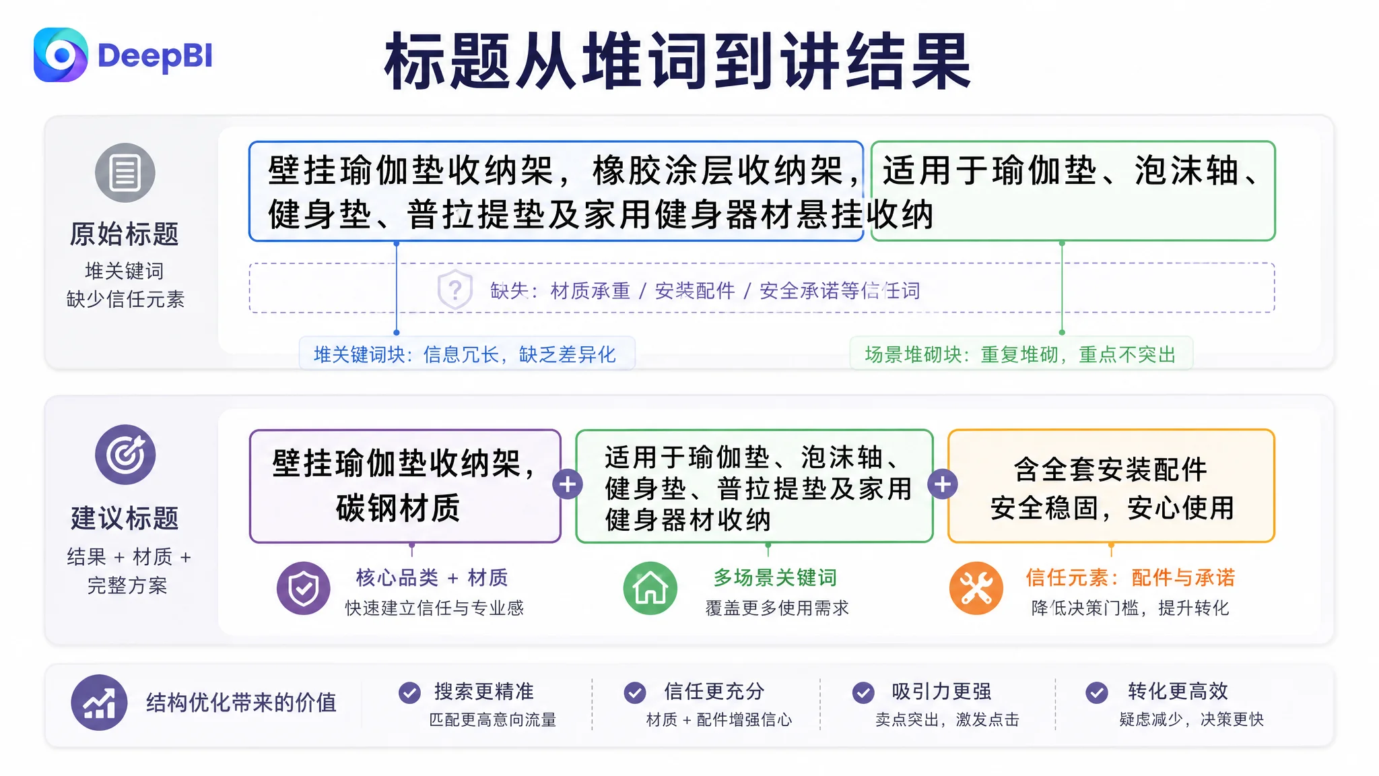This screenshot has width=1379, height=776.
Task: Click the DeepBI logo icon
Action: pyautogui.click(x=61, y=55)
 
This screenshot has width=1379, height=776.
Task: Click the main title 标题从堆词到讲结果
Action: pyautogui.click(x=677, y=62)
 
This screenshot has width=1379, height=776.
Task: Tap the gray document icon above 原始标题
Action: pyautogui.click(x=125, y=172)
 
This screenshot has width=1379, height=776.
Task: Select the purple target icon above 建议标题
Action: pyautogui.click(x=125, y=455)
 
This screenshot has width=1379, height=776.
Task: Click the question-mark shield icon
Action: pyautogui.click(x=455, y=290)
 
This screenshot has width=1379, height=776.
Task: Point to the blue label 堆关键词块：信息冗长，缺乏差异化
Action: pyautogui.click(x=465, y=354)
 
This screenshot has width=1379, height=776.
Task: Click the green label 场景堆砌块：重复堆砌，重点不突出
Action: pyautogui.click(x=1020, y=354)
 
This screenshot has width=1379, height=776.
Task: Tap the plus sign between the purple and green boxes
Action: pyautogui.click(x=568, y=484)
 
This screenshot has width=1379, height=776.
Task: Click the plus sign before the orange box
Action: pyautogui.click(x=943, y=484)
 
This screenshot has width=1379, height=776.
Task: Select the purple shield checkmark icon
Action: pyautogui.click(x=304, y=589)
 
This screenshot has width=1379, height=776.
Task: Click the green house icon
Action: pyautogui.click(x=650, y=589)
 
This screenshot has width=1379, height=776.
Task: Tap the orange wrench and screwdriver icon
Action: pyautogui.click(x=976, y=589)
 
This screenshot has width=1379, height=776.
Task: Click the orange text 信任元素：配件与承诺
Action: pyautogui.click(x=1131, y=577)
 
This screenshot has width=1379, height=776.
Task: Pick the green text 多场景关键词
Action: pyautogui.click(x=775, y=577)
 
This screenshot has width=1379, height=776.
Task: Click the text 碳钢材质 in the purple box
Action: pyautogui.click(x=398, y=508)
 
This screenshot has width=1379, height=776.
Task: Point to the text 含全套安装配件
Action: pyautogui.click(x=1111, y=470)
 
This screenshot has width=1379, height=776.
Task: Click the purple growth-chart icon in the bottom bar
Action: pyautogui.click(x=99, y=703)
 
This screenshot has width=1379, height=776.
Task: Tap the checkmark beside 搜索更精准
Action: pyautogui.click(x=409, y=692)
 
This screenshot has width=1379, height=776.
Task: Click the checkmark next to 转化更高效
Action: pyautogui.click(x=1097, y=692)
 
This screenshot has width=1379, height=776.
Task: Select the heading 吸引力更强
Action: pyautogui.click(x=941, y=691)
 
